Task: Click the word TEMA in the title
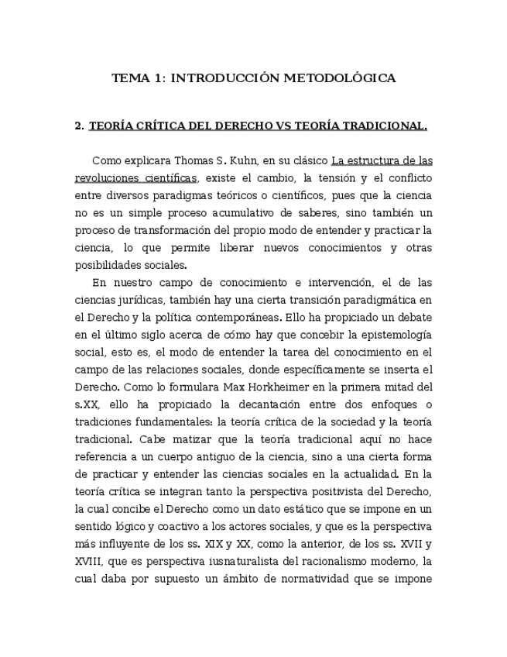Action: pos(129,78)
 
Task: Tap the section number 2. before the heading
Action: pos(79,126)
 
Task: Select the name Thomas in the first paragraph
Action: pos(194,161)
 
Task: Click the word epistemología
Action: pos(392,335)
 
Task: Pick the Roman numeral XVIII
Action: pos(91,561)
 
